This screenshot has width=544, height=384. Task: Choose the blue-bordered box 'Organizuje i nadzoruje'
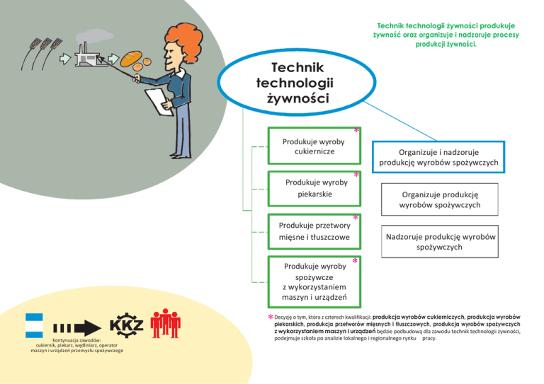click(438, 156)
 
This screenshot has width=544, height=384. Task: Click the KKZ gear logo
click(127, 327)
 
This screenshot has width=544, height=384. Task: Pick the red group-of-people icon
click(166, 323)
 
